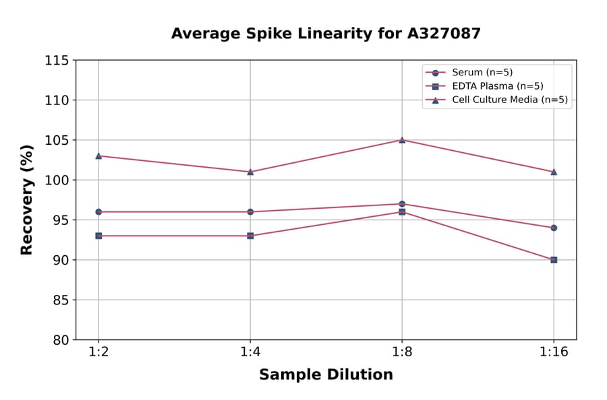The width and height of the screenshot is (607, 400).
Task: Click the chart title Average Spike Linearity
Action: [x=326, y=34]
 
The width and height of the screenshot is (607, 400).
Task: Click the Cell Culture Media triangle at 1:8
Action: [x=402, y=140]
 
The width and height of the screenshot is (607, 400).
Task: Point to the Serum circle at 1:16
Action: [x=554, y=228]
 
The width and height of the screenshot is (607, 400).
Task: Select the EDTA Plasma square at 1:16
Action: [x=554, y=260]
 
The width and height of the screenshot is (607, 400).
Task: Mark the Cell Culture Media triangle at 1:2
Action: [x=98, y=156]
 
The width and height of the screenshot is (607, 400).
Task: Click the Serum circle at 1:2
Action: [x=98, y=211]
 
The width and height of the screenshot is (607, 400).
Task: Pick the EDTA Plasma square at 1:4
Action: [x=250, y=236]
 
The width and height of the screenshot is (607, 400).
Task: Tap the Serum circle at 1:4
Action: [x=250, y=211]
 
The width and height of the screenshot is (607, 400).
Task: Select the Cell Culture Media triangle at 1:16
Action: [x=554, y=172]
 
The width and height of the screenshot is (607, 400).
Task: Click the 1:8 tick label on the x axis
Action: [x=402, y=353]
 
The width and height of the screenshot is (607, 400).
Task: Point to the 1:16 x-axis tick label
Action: [x=554, y=353]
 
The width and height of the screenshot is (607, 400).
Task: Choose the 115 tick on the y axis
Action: [x=57, y=61]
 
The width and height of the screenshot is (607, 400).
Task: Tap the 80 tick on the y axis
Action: [x=61, y=340]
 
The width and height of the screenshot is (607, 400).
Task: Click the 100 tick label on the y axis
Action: [x=57, y=180]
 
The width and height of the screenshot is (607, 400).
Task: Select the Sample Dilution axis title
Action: [x=326, y=375]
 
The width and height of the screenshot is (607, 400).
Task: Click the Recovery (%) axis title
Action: [x=27, y=200]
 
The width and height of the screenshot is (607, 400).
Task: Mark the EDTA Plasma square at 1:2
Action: [x=98, y=236]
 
